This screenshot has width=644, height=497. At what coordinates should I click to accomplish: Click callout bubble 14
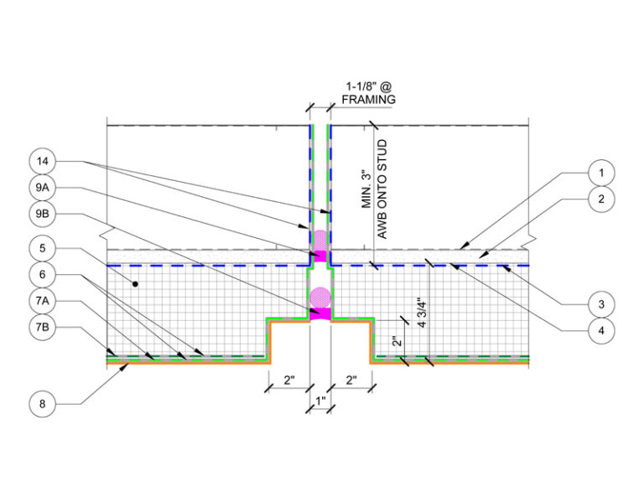(42, 161)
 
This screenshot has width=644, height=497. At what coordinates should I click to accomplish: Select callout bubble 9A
(42, 188)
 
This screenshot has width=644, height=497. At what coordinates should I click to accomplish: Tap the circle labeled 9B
(42, 214)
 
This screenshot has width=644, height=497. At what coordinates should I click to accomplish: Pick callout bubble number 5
(42, 248)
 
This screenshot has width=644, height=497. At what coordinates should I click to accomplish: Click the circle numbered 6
(42, 275)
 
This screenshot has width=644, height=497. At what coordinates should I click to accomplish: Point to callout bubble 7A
(42, 301)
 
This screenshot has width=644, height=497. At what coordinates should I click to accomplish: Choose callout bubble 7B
(42, 327)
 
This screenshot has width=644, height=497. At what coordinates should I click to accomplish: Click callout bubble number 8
(42, 404)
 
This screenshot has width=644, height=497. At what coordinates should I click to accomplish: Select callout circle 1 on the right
(601, 173)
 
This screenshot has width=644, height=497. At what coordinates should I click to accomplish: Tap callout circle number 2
(601, 199)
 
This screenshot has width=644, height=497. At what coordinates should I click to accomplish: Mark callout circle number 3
(601, 304)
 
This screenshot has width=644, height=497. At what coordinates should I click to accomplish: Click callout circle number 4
(601, 330)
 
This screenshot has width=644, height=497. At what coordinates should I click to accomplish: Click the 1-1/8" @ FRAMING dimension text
(369, 93)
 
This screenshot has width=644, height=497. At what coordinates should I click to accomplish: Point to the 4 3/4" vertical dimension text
(422, 313)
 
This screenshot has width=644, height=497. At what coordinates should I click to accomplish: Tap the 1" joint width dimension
(320, 401)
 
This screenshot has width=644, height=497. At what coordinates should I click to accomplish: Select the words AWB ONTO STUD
(382, 189)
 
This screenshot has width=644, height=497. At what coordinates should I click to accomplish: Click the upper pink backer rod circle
(320, 240)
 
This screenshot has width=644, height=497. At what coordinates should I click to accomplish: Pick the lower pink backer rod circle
(320, 298)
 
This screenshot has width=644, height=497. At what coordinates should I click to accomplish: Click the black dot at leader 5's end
(135, 283)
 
